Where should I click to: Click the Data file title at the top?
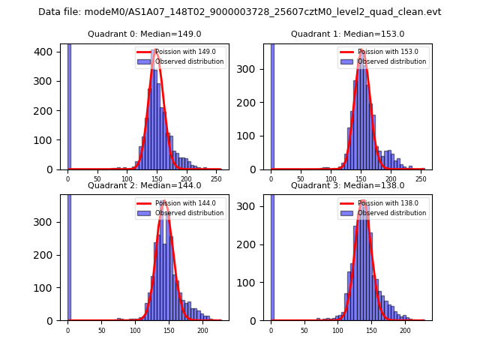(240, 12)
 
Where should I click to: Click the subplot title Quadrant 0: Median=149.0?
(145, 34)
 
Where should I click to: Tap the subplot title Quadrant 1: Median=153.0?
(347, 34)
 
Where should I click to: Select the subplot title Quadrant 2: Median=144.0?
(145, 185)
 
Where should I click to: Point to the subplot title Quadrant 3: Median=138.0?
(347, 185)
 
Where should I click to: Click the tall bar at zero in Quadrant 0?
(69, 105)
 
